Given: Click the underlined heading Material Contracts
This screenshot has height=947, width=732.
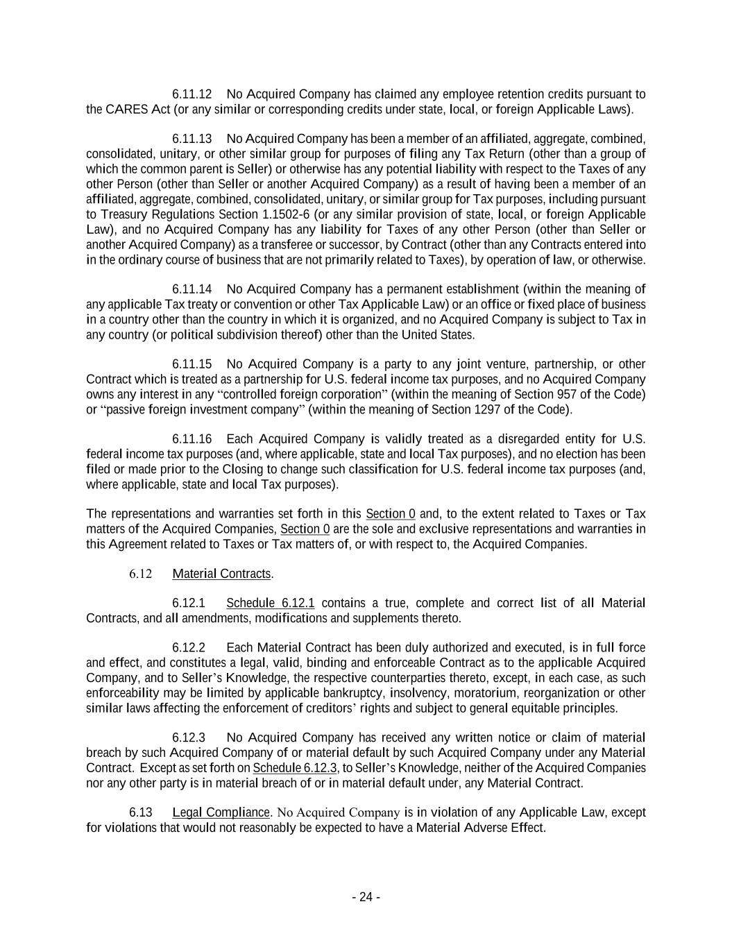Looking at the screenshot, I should coord(221,574).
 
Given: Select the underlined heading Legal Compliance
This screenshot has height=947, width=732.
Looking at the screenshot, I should coord(221,812).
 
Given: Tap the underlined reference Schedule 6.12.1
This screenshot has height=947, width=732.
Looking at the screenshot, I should coord(271,603).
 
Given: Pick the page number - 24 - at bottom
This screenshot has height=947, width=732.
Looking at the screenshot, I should coord(366,897).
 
